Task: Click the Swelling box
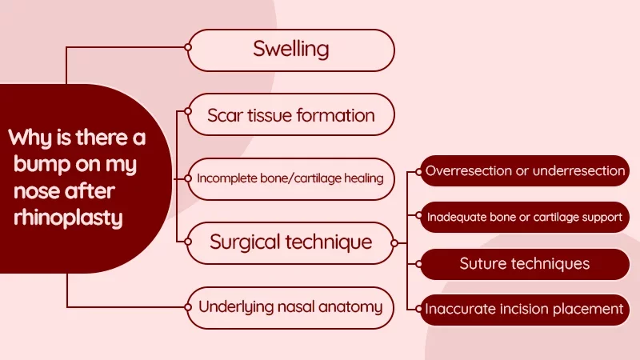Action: pos(291,49)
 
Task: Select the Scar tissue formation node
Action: pos(291,114)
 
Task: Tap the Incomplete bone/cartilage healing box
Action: pos(291,178)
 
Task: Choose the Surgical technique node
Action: pos(291,242)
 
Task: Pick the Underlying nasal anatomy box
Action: pos(291,306)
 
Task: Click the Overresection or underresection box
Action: pos(525,171)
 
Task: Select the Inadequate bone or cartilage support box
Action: pos(525,217)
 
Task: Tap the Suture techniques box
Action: pos(525,263)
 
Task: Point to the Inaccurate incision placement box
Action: pos(525,309)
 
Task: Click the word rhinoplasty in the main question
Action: pos(66,218)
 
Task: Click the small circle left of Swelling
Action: pos(188,47)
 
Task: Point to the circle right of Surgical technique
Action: pos(394,242)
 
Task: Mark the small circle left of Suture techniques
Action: pos(421,263)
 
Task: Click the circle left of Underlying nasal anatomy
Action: pos(188,306)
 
